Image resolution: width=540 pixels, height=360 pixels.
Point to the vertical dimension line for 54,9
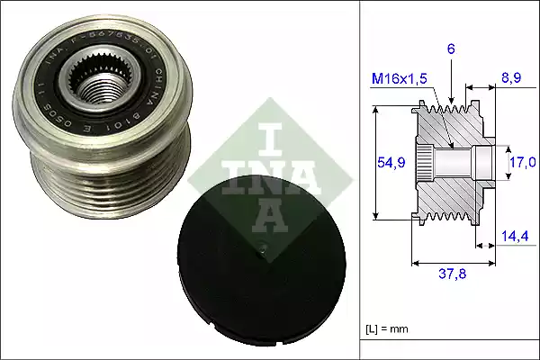pos(376,162)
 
